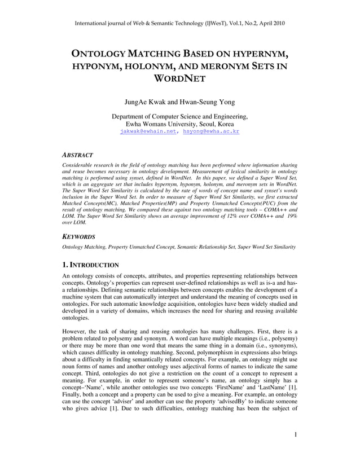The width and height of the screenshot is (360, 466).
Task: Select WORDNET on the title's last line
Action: (179, 79)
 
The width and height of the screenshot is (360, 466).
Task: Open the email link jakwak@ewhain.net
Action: (148, 131)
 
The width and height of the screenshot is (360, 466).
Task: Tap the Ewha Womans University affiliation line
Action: (179, 124)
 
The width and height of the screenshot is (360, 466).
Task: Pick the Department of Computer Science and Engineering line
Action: (179, 116)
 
